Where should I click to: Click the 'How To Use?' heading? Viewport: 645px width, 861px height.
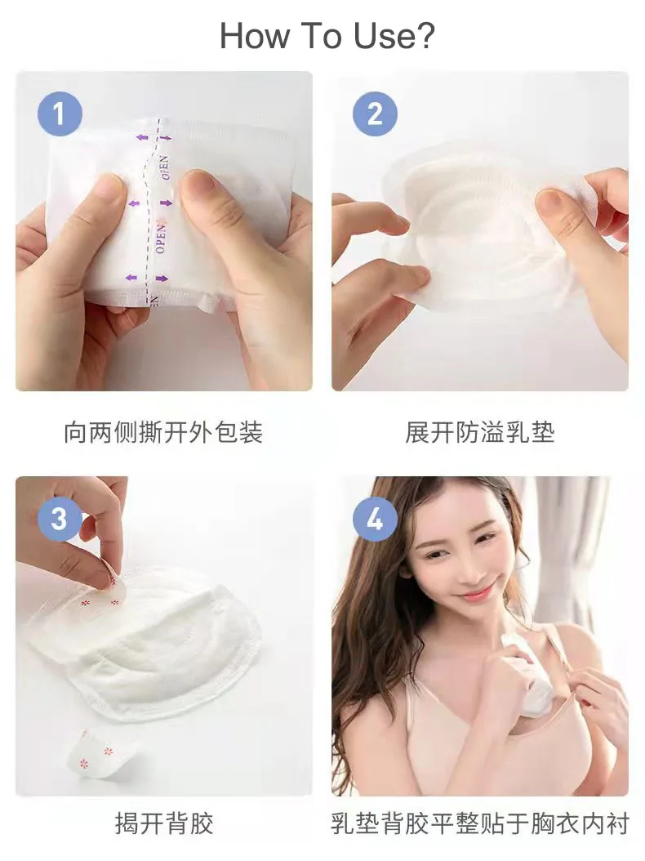[327, 37]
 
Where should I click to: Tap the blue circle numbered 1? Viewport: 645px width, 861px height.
[60, 113]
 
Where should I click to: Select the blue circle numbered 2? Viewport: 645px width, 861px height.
[375, 113]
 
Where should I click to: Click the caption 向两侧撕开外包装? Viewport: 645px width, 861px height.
[163, 432]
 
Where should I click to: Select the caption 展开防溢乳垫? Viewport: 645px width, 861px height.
[480, 432]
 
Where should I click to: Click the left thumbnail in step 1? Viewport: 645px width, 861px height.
[107, 187]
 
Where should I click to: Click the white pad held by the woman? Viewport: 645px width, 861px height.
[527, 674]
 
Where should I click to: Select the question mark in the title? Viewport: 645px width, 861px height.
[425, 37]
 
